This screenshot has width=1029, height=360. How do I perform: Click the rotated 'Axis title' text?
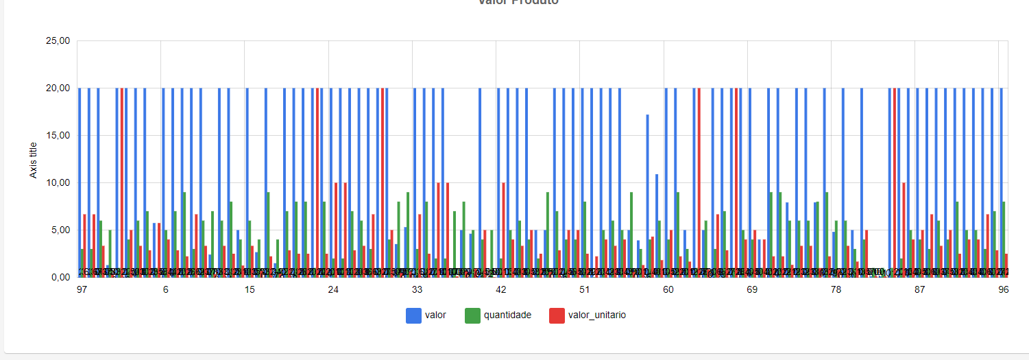33,159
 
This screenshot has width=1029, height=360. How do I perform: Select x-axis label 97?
82,290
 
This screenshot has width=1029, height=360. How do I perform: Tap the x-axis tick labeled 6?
166,290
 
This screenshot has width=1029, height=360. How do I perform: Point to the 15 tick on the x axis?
250,290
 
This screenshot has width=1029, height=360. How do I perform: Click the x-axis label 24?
333,290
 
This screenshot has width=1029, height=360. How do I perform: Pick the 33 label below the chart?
417,290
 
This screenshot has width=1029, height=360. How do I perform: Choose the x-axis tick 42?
500,290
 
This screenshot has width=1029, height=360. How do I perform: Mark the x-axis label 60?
668,290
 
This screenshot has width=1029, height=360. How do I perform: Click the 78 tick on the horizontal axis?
836,290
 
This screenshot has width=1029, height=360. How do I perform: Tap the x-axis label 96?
1003,290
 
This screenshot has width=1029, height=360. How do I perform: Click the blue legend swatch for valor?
413,315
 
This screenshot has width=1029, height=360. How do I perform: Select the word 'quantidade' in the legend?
507,315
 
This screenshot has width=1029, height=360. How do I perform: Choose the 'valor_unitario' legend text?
597,315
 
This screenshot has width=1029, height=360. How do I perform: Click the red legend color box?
557,315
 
